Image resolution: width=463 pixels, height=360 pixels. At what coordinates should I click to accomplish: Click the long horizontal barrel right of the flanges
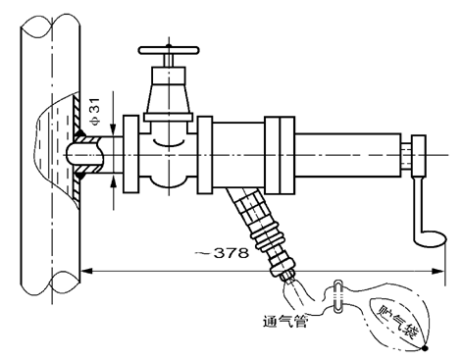pos(343,155)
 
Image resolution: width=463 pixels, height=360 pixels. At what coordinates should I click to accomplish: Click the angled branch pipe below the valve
pos(241,207)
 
